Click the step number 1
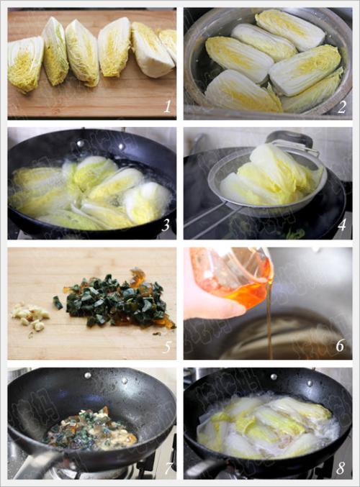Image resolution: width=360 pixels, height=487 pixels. (167, 107)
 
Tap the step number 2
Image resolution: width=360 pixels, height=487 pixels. (341, 107)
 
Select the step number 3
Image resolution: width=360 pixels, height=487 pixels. (166, 225)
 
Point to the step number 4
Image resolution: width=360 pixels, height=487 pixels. (342, 225)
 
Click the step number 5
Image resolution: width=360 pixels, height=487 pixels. (166, 346)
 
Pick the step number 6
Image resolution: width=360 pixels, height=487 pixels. (341, 345)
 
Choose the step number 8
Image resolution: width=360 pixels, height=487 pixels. (341, 468)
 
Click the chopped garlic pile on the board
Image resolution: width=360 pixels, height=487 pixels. (30, 317)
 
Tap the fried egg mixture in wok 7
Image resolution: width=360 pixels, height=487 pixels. (91, 429)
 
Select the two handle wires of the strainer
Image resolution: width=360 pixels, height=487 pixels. (212, 217)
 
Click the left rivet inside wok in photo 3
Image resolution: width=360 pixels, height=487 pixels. (81, 143)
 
